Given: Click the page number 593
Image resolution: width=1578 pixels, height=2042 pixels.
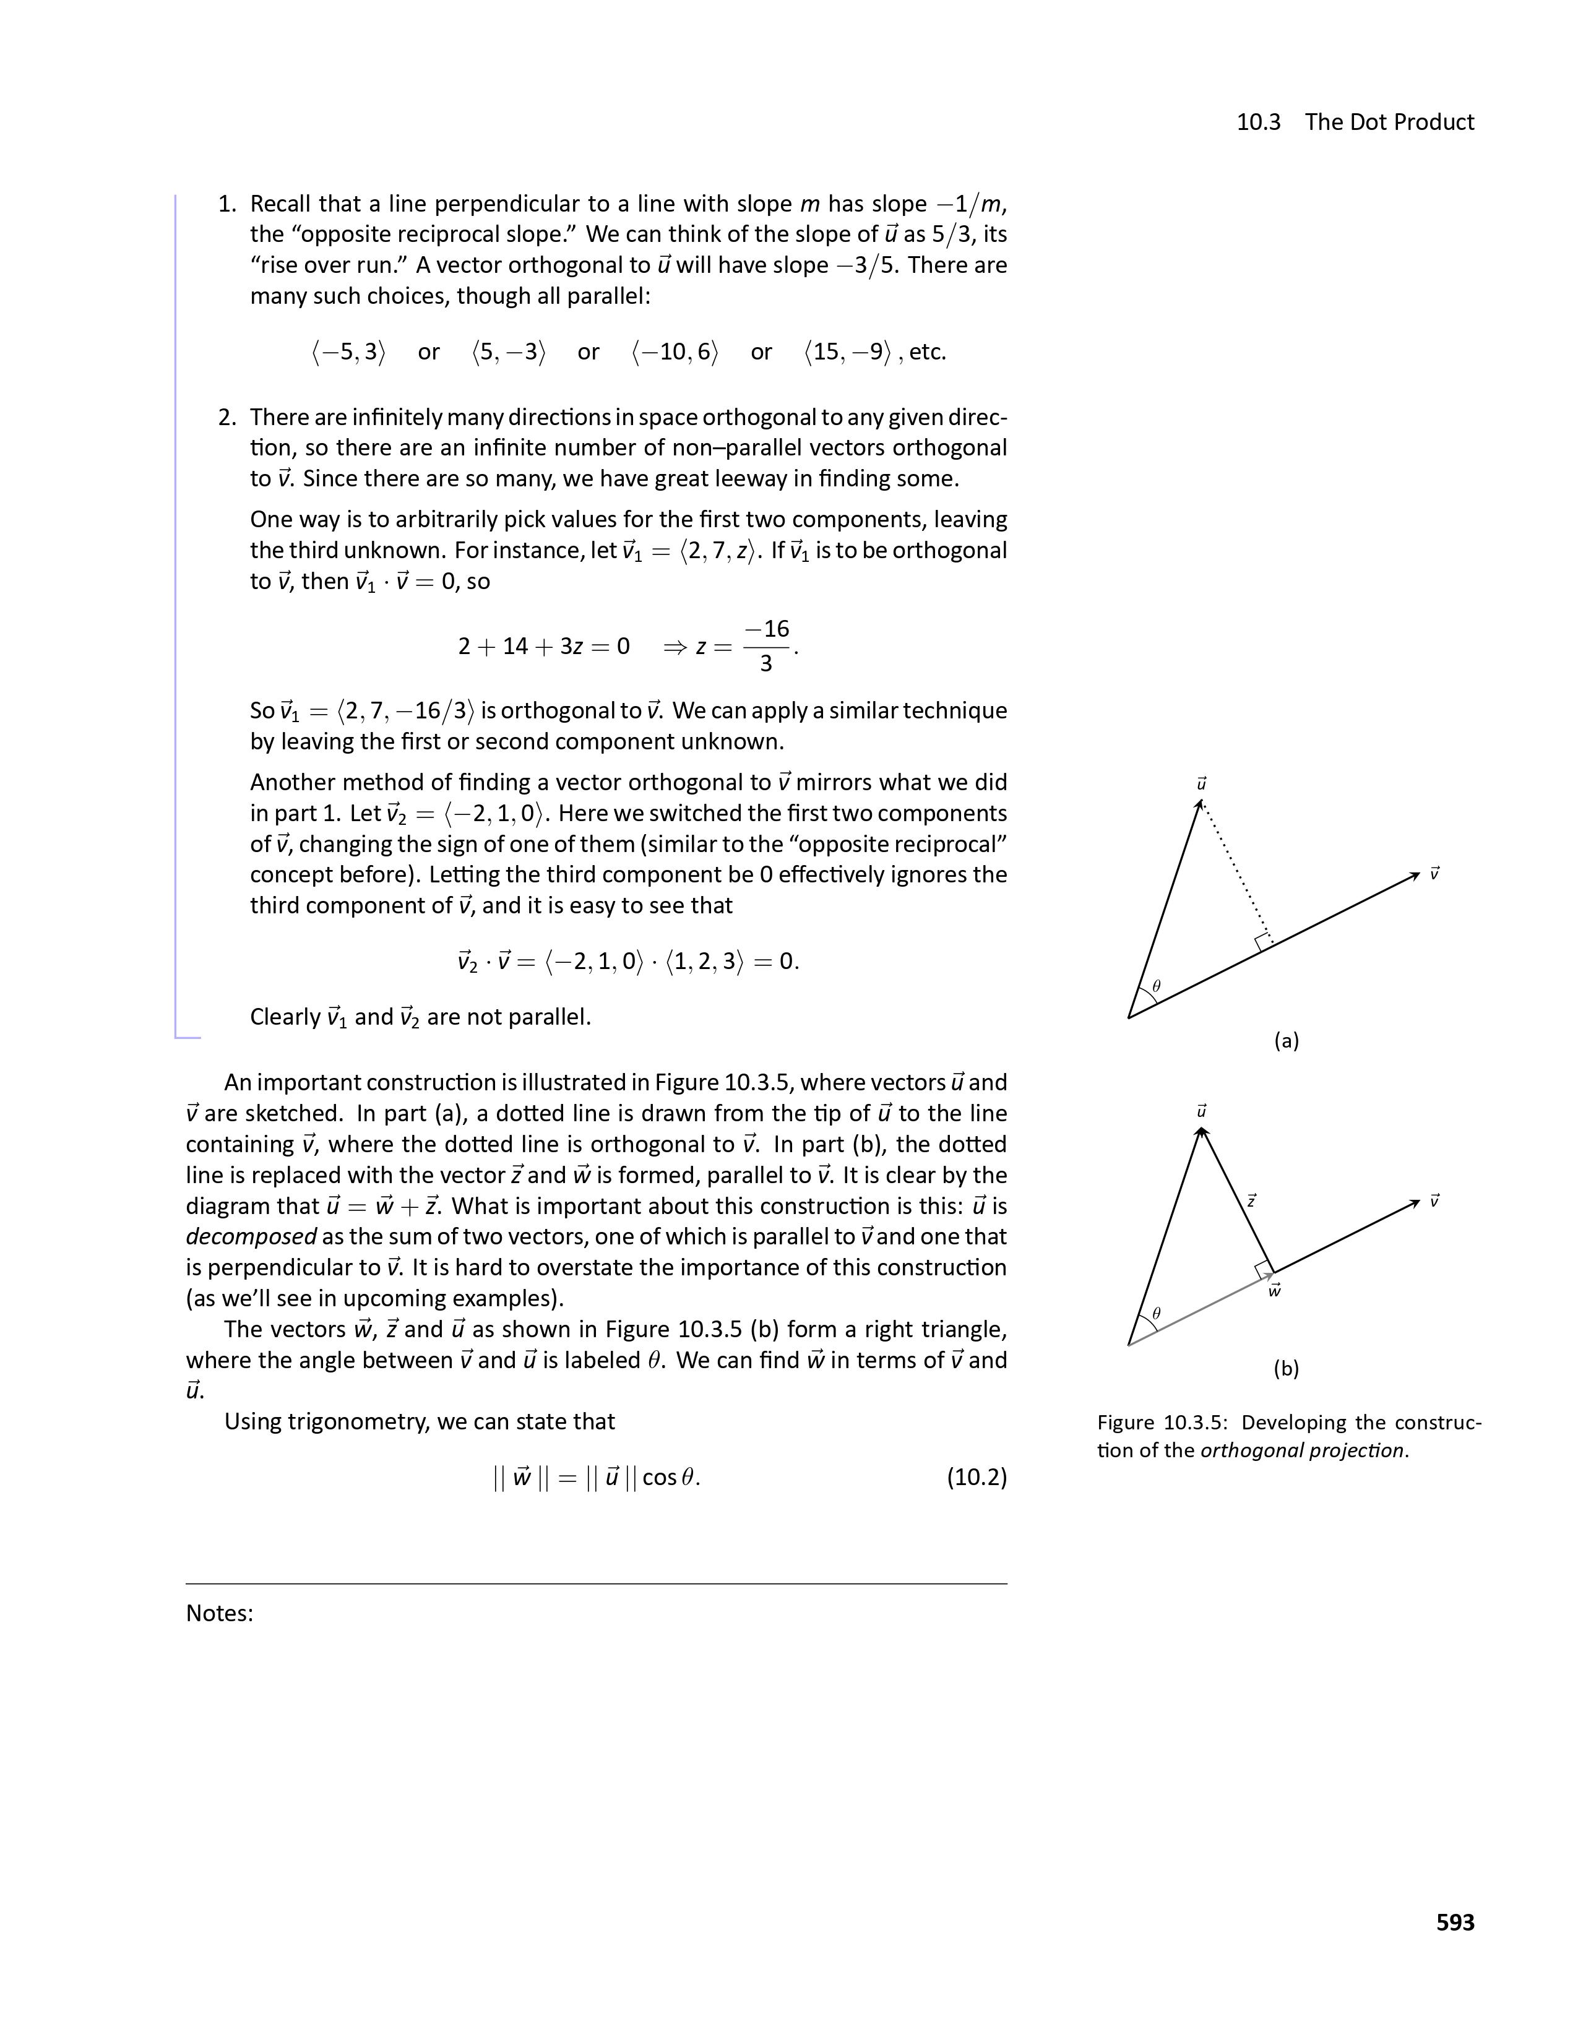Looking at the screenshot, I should tap(1455, 1923).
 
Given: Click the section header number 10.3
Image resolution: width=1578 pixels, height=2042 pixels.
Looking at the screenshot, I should tap(1258, 123).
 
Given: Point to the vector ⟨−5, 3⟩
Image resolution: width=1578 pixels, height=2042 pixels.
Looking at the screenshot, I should tap(348, 353).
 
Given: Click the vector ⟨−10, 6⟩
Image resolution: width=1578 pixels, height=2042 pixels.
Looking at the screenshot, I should tap(675, 353).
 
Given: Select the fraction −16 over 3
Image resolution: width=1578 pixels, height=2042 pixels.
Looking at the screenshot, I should tap(767, 646).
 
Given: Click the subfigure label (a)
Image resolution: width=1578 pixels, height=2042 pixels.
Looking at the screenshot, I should tap(1287, 1041).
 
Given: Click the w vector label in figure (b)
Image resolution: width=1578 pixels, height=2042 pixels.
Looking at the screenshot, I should tap(1274, 1291).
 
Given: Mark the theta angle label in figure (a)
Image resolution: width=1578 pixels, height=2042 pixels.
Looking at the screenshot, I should tap(1157, 986).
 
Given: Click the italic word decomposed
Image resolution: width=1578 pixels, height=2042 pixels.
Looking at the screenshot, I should tap(251, 1237).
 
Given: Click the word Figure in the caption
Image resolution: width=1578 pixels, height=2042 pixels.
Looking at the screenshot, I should tap(1126, 1423).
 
